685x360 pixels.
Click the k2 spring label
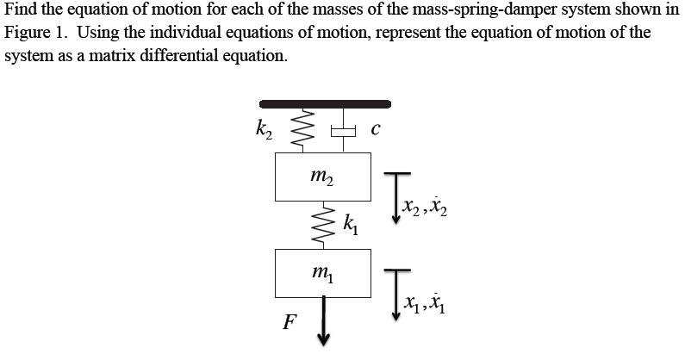(x=264, y=130)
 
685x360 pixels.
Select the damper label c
(x=375, y=130)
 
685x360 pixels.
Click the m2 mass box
(x=323, y=177)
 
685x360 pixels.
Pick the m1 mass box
(x=323, y=273)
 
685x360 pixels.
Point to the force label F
(x=290, y=323)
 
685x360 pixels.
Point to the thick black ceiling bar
(x=325, y=103)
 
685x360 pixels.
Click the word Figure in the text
(x=27, y=35)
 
